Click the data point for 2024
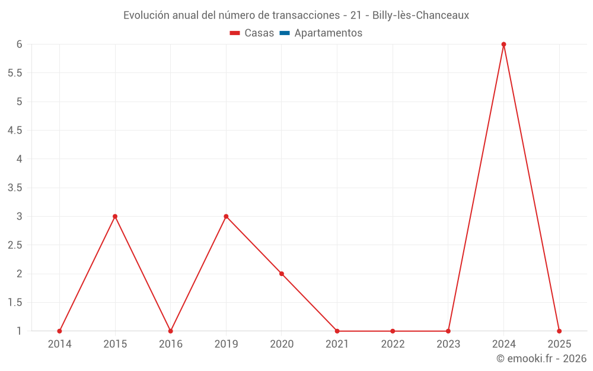(x=503, y=45)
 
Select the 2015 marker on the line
(x=115, y=216)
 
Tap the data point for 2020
(x=282, y=274)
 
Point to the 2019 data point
(x=226, y=216)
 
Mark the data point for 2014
(x=59, y=331)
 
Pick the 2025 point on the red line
(x=559, y=331)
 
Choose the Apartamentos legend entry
(x=328, y=33)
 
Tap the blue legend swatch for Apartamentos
(x=285, y=33)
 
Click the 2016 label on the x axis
(x=170, y=344)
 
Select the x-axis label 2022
(x=393, y=344)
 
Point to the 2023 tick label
(x=448, y=344)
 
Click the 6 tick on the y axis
(x=20, y=45)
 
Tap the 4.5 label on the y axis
(x=15, y=131)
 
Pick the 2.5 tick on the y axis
(x=15, y=245)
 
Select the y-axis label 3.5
(x=15, y=188)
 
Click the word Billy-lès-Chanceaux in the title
(x=420, y=15)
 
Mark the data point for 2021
(x=337, y=331)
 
